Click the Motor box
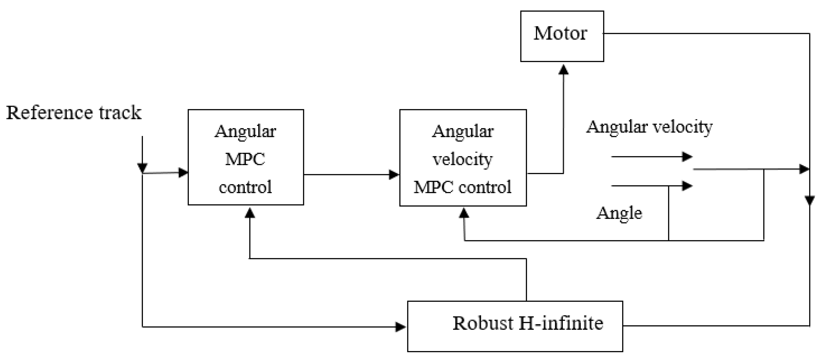coord(562,36)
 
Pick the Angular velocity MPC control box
coord(463,158)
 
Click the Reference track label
coord(74,113)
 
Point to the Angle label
coord(619,213)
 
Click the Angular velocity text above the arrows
coord(649,127)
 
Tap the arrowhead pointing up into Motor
coord(563,70)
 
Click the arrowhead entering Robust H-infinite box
coord(400,327)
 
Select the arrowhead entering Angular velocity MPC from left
coord(394,174)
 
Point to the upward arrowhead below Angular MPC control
coord(250,213)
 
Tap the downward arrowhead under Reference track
coord(142,167)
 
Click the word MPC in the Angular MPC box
coord(245,159)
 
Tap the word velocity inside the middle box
coord(463,159)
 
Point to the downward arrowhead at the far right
coord(809,200)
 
